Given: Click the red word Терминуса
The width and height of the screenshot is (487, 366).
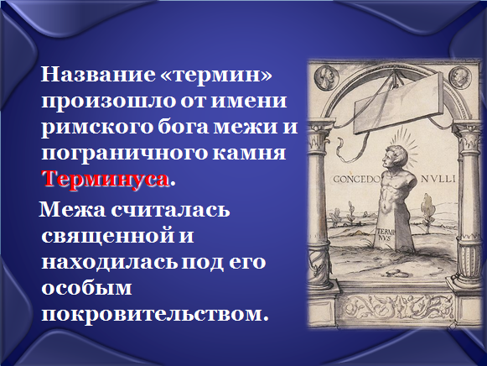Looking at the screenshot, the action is click(x=106, y=180).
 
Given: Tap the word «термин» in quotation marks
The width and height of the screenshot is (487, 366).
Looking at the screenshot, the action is click(x=216, y=75).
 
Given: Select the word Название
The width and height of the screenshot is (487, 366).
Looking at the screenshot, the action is click(x=98, y=75).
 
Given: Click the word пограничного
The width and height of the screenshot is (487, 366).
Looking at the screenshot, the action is click(x=123, y=154).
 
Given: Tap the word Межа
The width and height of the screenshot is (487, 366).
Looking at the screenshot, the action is click(x=73, y=209).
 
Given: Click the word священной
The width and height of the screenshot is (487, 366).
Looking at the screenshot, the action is click(x=105, y=237).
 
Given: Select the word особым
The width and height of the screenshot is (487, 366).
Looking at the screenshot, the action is click(x=86, y=288).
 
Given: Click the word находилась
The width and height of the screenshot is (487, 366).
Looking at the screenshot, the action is click(x=109, y=262).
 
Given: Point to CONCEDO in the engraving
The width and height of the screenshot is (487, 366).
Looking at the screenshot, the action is click(x=357, y=179).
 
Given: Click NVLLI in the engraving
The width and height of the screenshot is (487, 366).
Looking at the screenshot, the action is click(x=438, y=179).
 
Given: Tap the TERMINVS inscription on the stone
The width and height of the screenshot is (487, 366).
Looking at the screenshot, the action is click(x=385, y=235).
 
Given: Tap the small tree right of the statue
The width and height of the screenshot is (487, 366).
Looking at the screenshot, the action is click(x=427, y=212).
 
